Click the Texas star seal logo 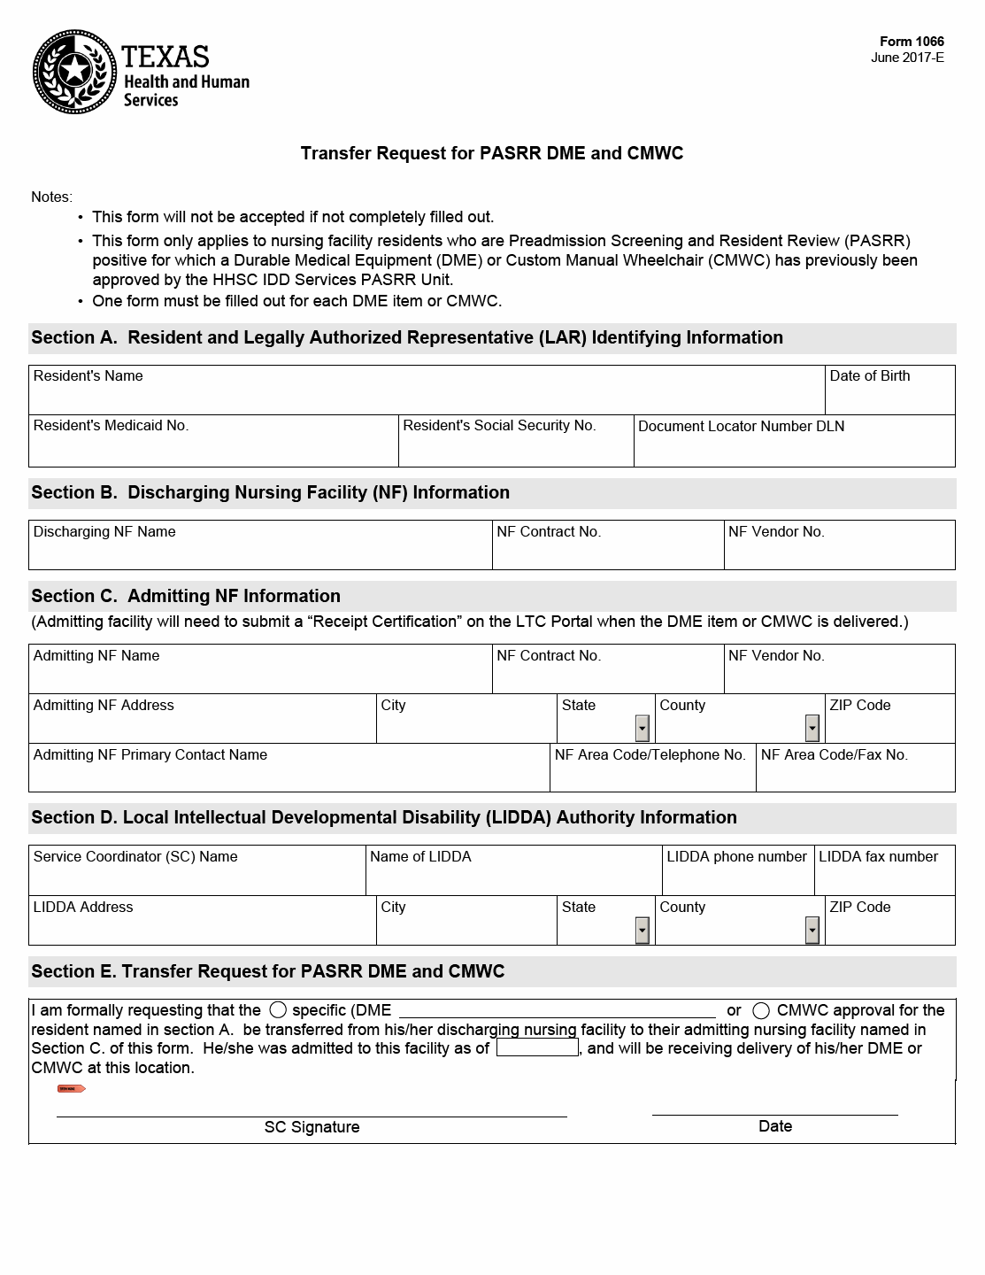point(74,72)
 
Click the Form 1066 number point(912,42)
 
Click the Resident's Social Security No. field point(516,447)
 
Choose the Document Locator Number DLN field point(794,447)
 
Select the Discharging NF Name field point(260,551)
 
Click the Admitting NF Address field point(203,725)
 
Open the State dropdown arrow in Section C point(643,728)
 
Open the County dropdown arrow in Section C point(812,728)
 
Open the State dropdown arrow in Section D point(643,930)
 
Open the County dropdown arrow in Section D point(812,930)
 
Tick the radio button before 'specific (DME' point(278,1009)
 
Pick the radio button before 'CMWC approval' point(760,1010)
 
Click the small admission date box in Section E point(537,1047)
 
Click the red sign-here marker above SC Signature point(71,1088)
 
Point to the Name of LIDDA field point(513,877)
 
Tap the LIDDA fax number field point(884,877)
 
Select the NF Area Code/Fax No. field point(855,775)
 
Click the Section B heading point(271,492)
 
